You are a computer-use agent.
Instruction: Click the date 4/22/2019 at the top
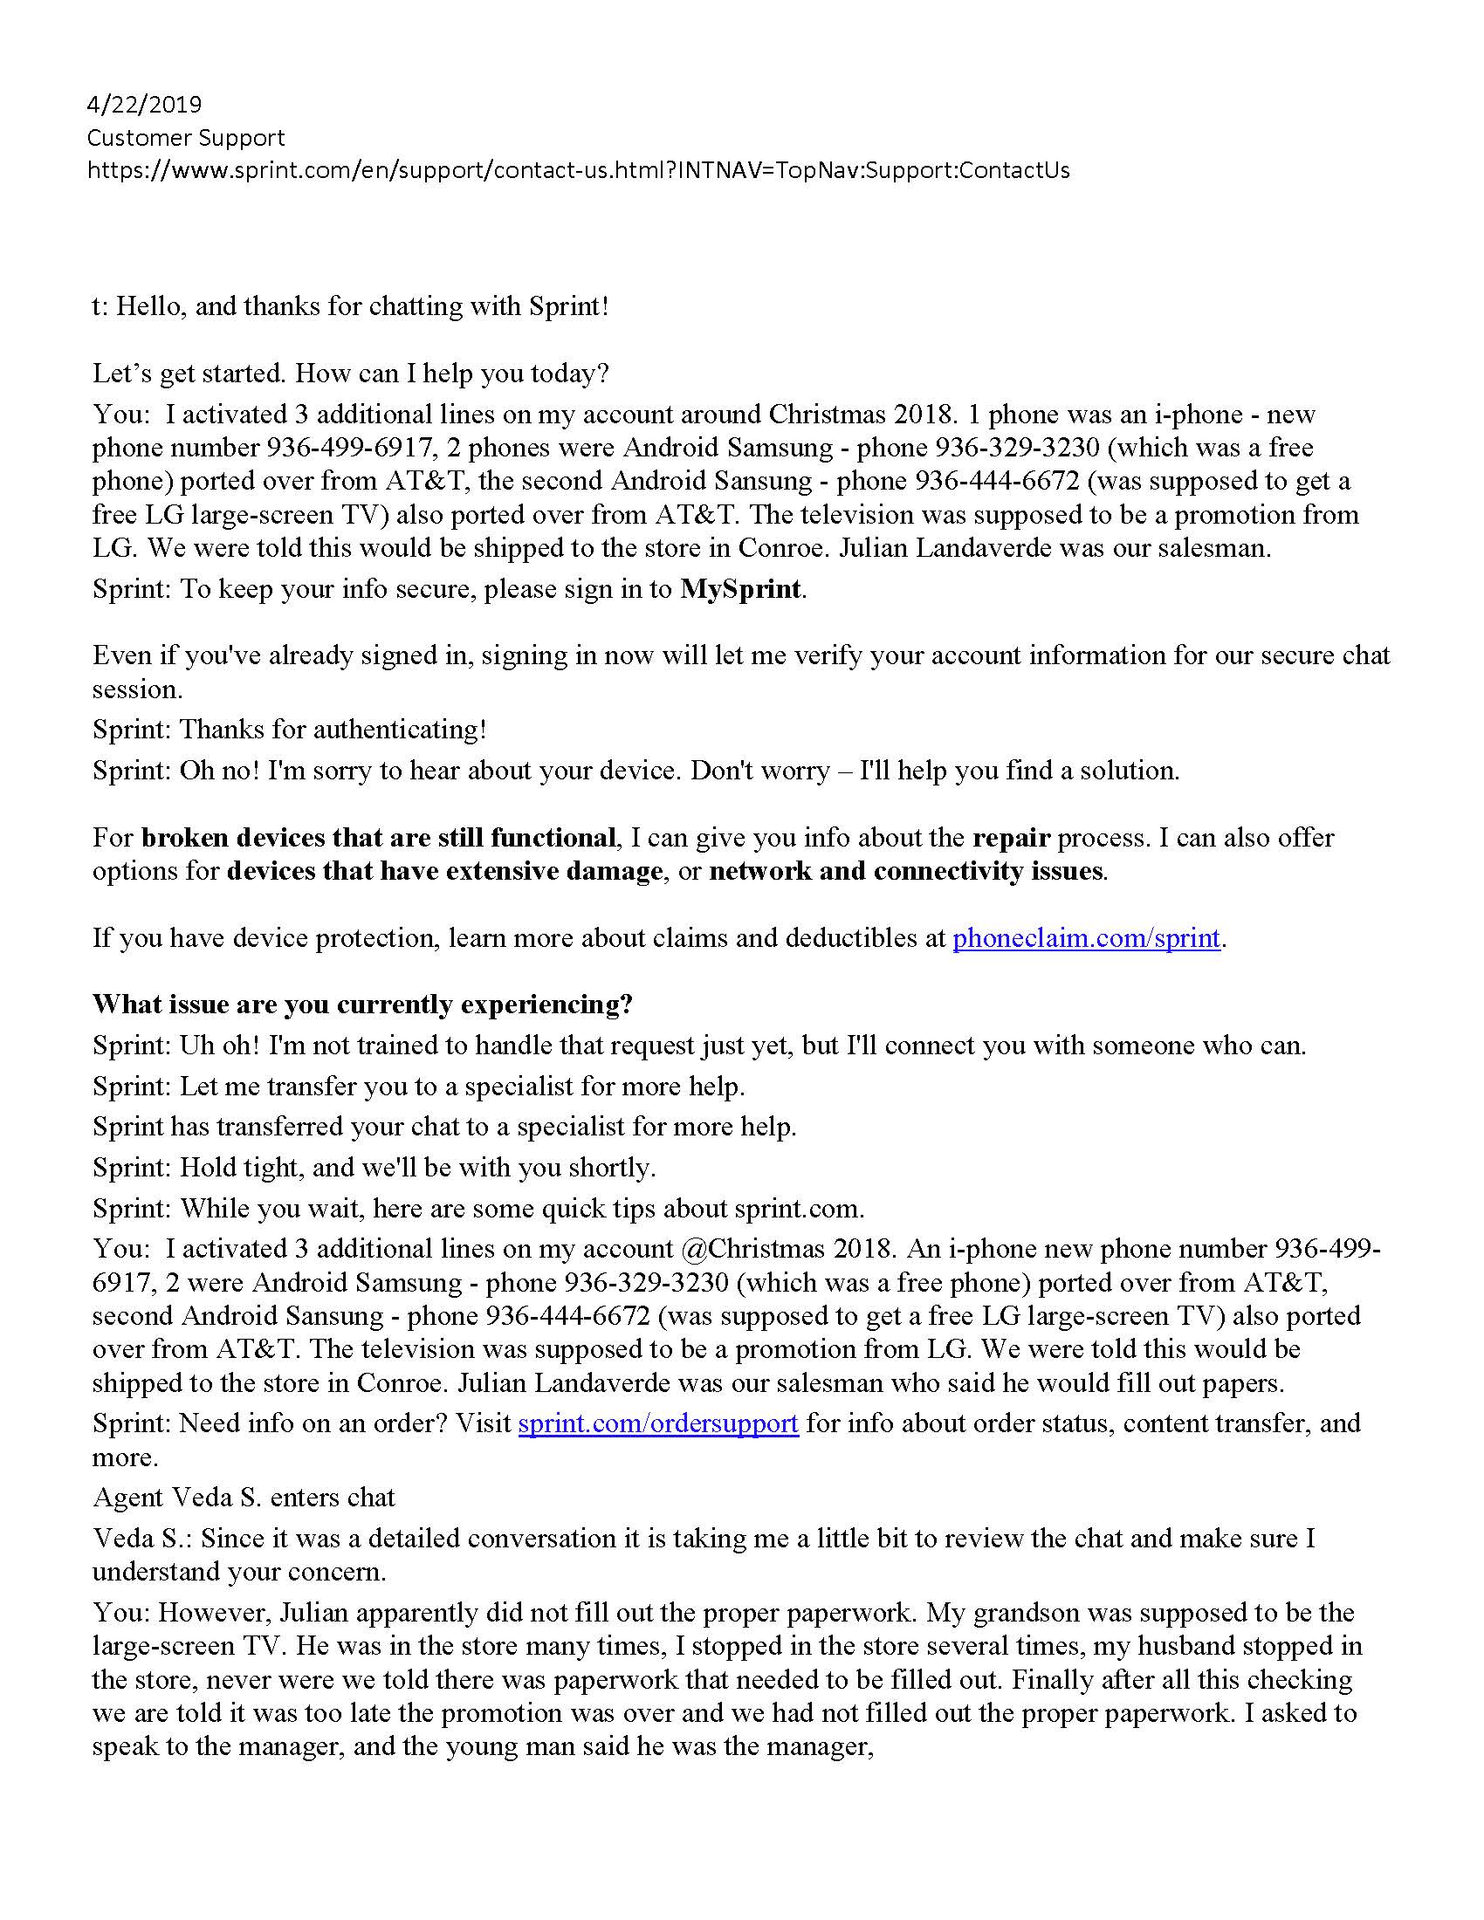click(144, 105)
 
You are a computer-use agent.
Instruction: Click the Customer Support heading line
click(185, 138)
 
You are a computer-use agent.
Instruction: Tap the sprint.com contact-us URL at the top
click(578, 170)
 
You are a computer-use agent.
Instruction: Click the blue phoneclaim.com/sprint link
click(1086, 938)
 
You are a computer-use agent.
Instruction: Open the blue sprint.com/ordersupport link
click(657, 1423)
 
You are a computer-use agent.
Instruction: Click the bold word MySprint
click(740, 588)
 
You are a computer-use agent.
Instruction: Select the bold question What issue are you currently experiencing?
click(362, 1004)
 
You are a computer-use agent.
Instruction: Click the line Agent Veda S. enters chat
click(244, 1497)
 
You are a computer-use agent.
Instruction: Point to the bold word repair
click(1010, 837)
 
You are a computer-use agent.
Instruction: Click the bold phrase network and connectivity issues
click(905, 871)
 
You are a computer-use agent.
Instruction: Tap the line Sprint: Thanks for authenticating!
click(289, 729)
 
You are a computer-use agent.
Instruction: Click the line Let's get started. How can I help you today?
click(350, 374)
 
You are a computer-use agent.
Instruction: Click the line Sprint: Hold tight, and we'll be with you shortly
click(374, 1168)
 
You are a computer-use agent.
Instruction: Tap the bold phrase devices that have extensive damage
click(444, 871)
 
